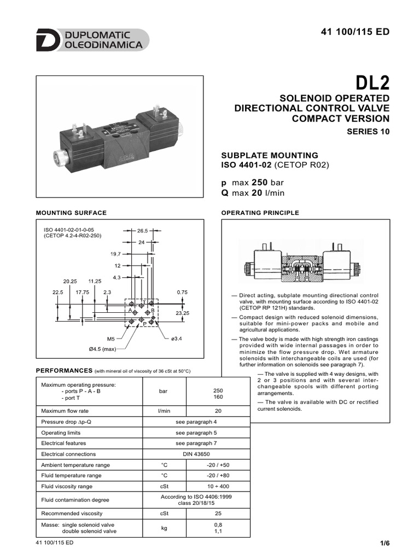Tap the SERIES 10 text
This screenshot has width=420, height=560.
point(368,132)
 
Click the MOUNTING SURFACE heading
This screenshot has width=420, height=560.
point(71,213)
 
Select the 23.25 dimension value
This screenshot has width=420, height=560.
point(182,313)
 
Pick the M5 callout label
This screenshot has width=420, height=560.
point(110,339)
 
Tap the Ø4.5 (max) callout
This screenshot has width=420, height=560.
point(102,348)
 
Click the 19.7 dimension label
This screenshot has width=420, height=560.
point(115,254)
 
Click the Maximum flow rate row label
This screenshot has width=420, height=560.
point(65,411)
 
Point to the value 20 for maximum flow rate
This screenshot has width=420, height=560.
point(218,411)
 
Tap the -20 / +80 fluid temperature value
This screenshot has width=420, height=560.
point(218,476)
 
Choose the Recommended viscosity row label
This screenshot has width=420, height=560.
point(72,514)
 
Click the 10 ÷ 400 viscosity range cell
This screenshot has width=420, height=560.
point(218,486)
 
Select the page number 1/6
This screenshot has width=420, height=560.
point(384,543)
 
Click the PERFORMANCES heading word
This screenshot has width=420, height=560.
point(63,371)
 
